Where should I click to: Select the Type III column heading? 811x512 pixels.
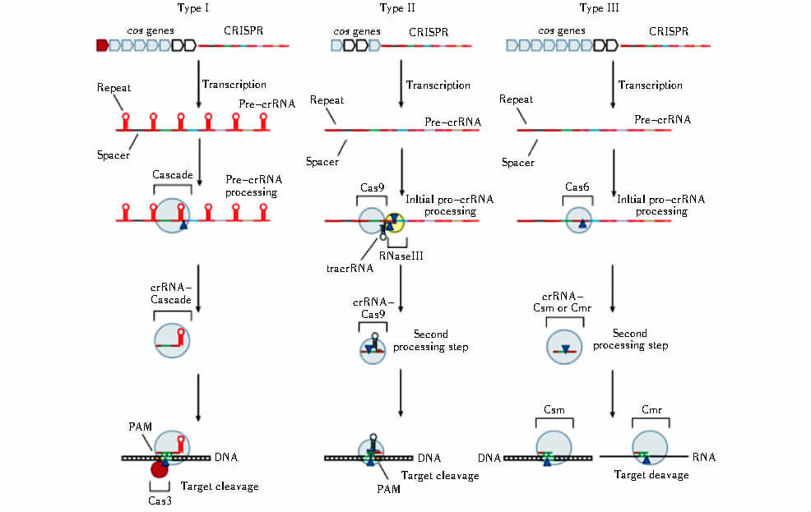pyautogui.click(x=603, y=8)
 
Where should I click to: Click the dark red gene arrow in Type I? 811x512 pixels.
pyautogui.click(x=102, y=45)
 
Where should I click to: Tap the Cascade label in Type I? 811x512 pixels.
pyautogui.click(x=172, y=175)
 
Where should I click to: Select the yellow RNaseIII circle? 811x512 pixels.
pyautogui.click(x=396, y=222)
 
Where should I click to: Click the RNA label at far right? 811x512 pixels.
pyautogui.click(x=703, y=455)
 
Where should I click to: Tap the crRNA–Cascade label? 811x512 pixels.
pyautogui.click(x=171, y=294)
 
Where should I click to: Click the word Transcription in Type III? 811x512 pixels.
pyautogui.click(x=650, y=85)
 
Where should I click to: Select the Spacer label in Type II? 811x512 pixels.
pyautogui.click(x=322, y=161)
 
